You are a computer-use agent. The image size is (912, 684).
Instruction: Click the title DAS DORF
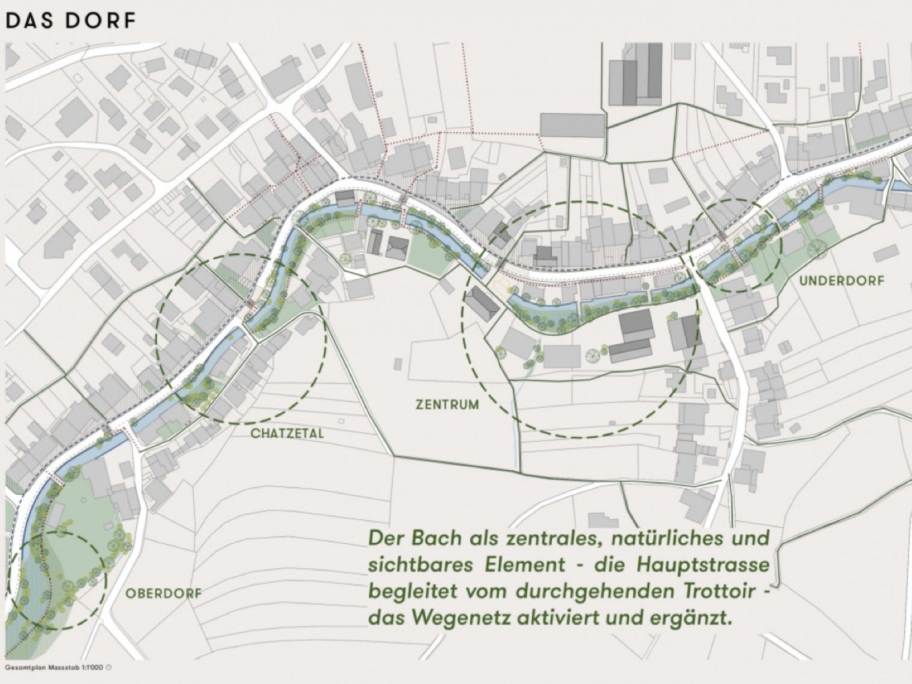71,21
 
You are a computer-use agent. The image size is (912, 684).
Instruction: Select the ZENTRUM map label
447,405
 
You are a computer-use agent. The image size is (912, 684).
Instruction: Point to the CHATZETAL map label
287,434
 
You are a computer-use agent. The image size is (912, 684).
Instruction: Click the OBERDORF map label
163,593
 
